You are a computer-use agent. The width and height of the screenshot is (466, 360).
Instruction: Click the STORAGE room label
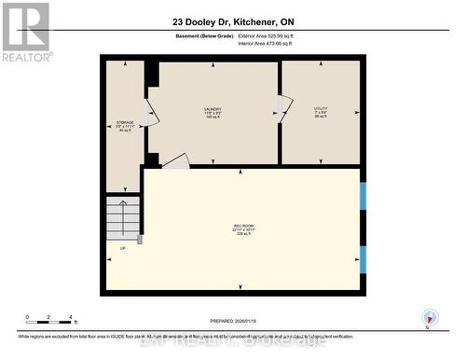pos(125,126)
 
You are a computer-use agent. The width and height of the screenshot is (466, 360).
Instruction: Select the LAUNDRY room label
pos(212,113)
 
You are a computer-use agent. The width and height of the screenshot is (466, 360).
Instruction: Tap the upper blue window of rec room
pos(363,197)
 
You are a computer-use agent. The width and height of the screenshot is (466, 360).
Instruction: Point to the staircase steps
pos(122,220)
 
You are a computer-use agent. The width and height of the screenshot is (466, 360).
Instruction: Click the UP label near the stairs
pos(122,249)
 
